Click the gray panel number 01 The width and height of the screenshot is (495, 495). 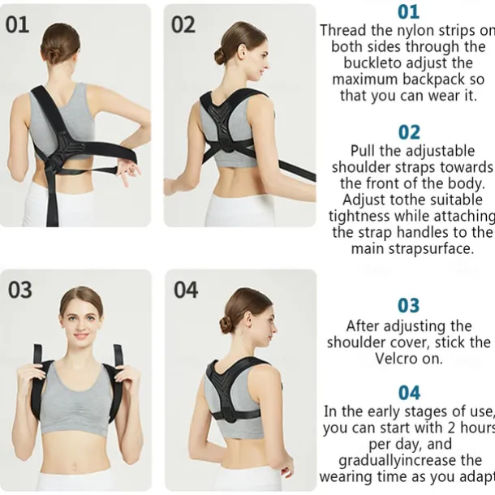(x=17, y=24)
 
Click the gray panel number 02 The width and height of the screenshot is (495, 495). (x=183, y=24)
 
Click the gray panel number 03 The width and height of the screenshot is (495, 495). (x=20, y=290)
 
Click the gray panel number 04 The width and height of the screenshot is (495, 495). (x=186, y=290)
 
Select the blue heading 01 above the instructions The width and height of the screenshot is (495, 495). (x=409, y=12)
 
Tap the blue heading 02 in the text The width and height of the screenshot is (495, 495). (x=409, y=131)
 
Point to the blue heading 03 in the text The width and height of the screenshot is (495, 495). (x=409, y=306)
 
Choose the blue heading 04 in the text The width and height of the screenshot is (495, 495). (x=409, y=393)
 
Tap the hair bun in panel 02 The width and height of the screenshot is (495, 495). (x=221, y=55)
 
